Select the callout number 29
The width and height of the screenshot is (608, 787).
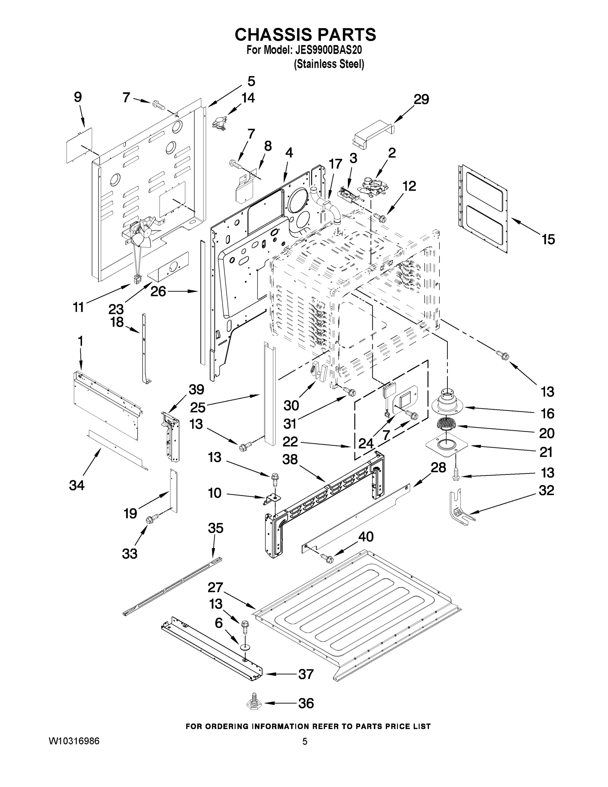421,99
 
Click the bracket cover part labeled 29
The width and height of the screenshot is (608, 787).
372,135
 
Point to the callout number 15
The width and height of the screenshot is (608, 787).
548,239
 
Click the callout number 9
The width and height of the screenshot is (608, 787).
78,97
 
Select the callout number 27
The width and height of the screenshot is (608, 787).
215,587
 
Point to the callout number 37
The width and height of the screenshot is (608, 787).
306,674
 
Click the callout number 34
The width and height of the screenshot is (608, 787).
77,485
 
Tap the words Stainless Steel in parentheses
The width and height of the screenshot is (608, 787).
329,64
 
